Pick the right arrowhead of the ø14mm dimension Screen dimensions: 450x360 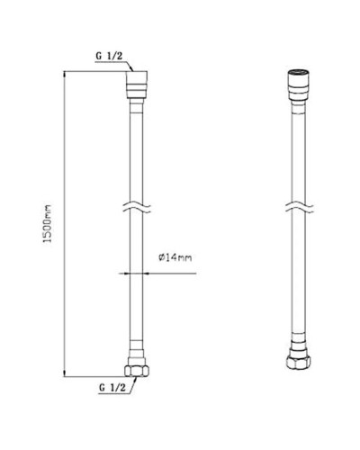[148, 270]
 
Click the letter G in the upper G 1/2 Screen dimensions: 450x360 [100, 57]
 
